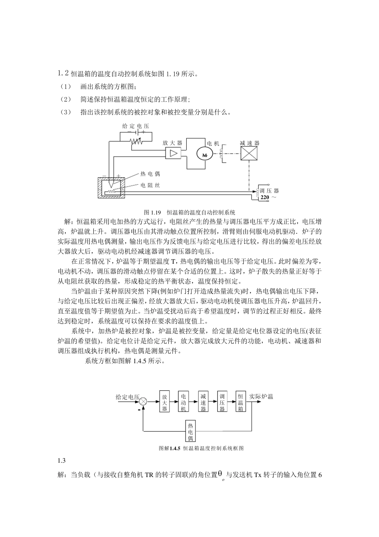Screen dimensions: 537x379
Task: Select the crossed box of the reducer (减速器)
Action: click(249, 153)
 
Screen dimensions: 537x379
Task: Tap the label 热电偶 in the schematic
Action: click(150, 174)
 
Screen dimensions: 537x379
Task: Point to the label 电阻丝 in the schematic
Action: click(150, 185)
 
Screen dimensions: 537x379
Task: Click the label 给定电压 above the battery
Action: click(135, 126)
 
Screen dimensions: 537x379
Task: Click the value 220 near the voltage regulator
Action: click(265, 197)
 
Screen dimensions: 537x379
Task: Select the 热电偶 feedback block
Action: click(190, 431)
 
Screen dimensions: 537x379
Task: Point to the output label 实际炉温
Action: click(261, 396)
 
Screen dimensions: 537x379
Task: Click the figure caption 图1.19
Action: click(152, 212)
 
